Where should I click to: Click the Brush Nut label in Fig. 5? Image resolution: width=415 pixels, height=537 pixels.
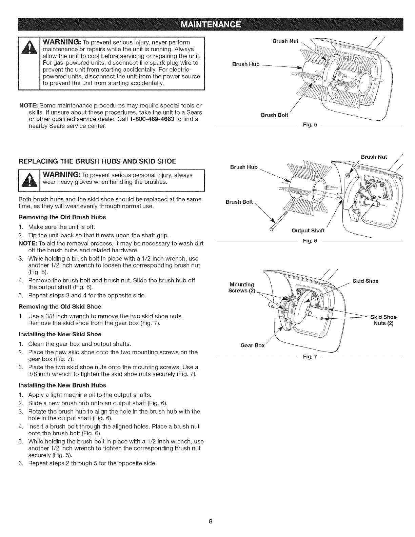pyautogui.click(x=285, y=41)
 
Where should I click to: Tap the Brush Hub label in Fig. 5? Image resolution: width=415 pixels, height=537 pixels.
pyautogui.click(x=245, y=64)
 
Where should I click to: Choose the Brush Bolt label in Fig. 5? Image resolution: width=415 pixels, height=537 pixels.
pyautogui.click(x=274, y=115)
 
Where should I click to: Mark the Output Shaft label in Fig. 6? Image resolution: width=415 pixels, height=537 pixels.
pyautogui.click(x=308, y=231)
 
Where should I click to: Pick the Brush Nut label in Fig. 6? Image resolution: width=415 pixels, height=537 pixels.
pyautogui.click(x=374, y=157)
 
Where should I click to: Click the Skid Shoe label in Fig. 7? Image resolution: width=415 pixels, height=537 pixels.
pyautogui.click(x=365, y=281)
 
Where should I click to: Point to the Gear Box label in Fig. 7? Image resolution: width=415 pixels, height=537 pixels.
pyautogui.click(x=252, y=345)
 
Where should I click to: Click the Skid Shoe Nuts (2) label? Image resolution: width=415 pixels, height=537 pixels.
pyautogui.click(x=383, y=320)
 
